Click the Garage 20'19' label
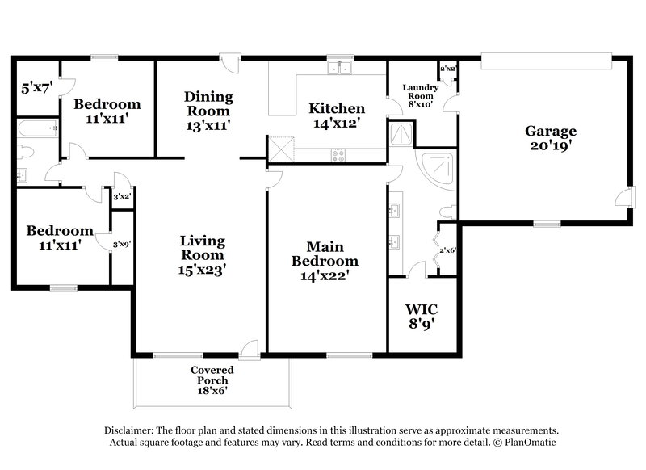pyautogui.click(x=551, y=138)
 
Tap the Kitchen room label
pyautogui.click(x=337, y=115)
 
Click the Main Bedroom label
pyautogui.click(x=325, y=260)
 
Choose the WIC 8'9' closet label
pyautogui.click(x=422, y=316)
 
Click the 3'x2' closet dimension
pyautogui.click(x=122, y=197)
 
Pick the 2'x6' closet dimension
pyautogui.click(x=447, y=251)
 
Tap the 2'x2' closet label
pyautogui.click(x=447, y=69)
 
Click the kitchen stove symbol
pyautogui.click(x=338, y=154)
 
